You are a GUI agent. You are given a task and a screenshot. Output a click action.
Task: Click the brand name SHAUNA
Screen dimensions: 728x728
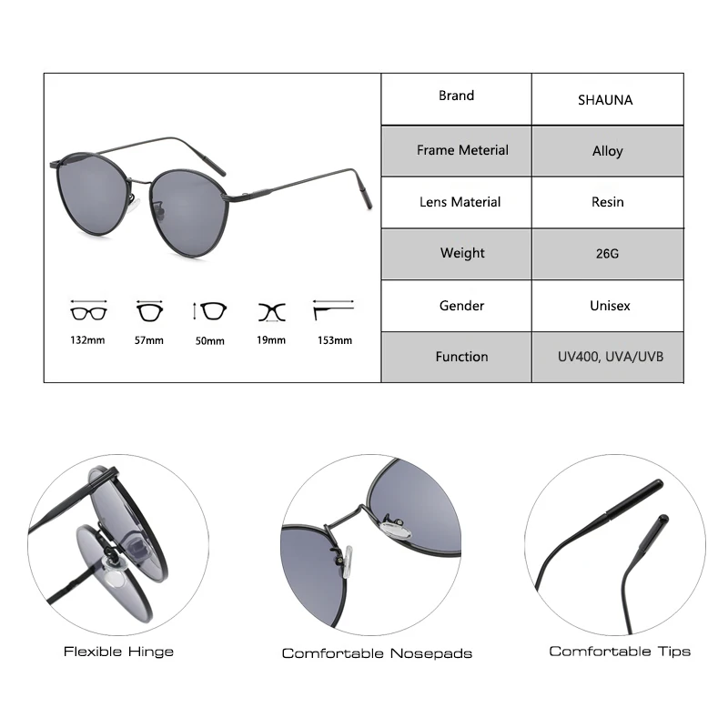tap(604, 100)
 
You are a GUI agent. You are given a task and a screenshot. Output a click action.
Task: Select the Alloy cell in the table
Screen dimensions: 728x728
tap(607, 151)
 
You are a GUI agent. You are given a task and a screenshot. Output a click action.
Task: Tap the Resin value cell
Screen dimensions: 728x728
tap(607, 202)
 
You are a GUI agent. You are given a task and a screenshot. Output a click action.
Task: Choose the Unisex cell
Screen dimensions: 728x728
tap(606, 306)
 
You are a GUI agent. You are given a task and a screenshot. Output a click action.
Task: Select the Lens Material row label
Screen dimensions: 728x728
tap(460, 202)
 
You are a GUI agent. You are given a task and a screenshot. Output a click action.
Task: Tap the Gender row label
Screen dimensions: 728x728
tap(461, 306)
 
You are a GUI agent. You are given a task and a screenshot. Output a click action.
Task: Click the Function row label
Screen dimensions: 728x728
tap(461, 357)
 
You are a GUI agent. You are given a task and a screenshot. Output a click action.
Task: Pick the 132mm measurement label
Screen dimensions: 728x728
tap(88, 340)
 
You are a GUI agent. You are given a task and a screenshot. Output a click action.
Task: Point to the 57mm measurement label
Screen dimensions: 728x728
tap(148, 340)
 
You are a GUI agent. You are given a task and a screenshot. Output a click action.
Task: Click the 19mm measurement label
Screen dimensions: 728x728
tap(271, 340)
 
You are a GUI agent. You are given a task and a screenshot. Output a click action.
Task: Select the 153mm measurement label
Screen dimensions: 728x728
tap(334, 340)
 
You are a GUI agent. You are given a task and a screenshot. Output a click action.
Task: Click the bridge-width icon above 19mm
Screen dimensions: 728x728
tap(271, 311)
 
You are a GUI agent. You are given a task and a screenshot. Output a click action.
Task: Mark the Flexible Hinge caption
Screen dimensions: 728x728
tap(118, 652)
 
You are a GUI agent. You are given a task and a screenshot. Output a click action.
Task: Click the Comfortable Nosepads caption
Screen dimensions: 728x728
tap(377, 653)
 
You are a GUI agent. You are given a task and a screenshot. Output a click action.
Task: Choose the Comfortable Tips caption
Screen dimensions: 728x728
tap(619, 652)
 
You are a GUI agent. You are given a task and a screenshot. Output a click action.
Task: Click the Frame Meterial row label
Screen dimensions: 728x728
tap(462, 150)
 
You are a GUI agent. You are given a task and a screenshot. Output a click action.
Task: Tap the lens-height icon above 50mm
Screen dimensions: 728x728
tap(212, 311)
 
